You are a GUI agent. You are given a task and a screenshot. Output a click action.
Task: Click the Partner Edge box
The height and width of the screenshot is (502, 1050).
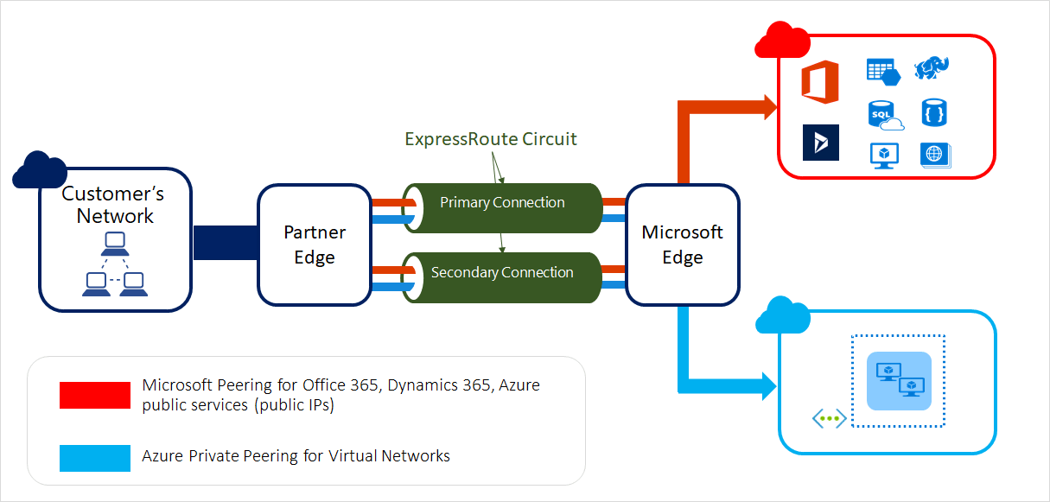pyautogui.click(x=315, y=245)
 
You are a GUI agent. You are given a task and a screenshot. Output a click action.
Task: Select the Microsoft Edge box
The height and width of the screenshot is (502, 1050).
pyautogui.click(x=682, y=245)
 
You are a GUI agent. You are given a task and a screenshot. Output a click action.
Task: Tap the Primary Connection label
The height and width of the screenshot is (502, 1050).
pyautogui.click(x=502, y=203)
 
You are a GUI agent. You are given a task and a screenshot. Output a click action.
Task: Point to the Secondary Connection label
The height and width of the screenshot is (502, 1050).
pyautogui.click(x=502, y=273)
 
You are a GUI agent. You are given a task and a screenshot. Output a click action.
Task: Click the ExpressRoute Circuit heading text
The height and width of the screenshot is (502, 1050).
pyautogui.click(x=490, y=139)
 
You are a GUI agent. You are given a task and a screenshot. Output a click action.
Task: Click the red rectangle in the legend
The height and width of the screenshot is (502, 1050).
pyautogui.click(x=95, y=395)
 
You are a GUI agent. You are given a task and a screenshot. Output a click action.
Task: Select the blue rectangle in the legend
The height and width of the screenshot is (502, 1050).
pyautogui.click(x=95, y=456)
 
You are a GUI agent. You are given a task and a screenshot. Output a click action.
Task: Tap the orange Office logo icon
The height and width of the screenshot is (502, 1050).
pyautogui.click(x=820, y=82)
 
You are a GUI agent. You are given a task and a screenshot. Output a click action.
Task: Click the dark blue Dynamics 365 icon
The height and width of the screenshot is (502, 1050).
pyautogui.click(x=820, y=143)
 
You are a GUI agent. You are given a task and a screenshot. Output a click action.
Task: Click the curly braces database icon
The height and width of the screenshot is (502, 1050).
pyautogui.click(x=934, y=112)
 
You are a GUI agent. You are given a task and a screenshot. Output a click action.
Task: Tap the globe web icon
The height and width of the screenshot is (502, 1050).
pyautogui.click(x=934, y=155)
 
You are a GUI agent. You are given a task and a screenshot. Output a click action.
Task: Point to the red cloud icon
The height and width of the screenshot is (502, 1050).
pyautogui.click(x=781, y=40)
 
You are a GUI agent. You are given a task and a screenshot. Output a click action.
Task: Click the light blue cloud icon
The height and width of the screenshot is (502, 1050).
pyautogui.click(x=783, y=317)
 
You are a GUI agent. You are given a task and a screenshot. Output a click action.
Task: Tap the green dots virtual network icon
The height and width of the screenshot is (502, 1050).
pyautogui.click(x=829, y=418)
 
